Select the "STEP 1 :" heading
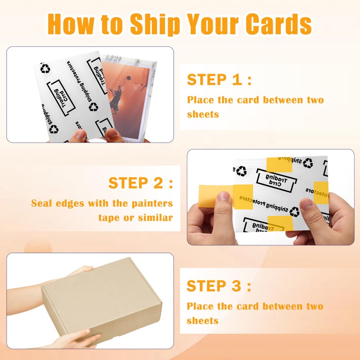coord(219,80)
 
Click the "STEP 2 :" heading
coord(140,183)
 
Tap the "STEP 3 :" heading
coord(219,286)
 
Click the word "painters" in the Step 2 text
coord(150,203)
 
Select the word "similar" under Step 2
coord(155,218)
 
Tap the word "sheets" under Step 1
coord(202,114)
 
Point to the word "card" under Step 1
coord(245,100)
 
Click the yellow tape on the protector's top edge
coord(279,165)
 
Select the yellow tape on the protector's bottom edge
coord(280,223)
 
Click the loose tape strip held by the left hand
coord(208,198)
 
